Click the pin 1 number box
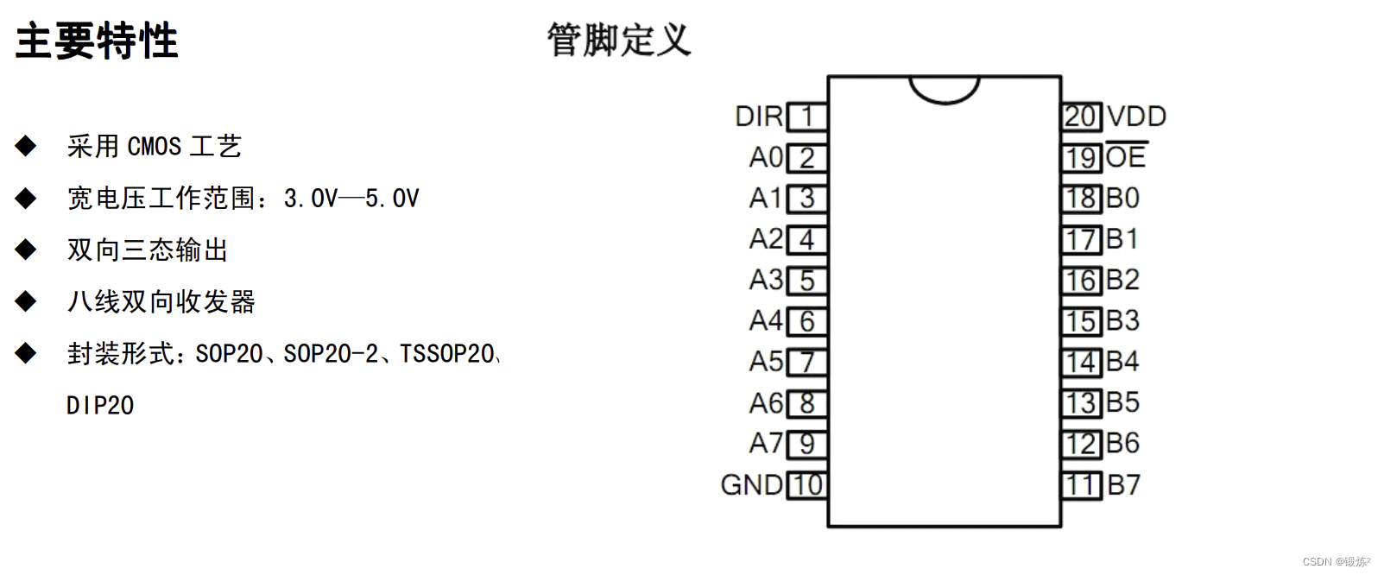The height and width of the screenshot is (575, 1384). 807,117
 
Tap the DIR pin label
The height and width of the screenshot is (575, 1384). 759,117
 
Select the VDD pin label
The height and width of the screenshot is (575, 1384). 1136,117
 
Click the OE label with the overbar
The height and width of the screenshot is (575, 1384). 1126,157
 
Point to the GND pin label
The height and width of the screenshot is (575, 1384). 752,485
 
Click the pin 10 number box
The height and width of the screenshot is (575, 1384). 807,485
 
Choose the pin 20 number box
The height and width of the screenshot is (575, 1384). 1081,117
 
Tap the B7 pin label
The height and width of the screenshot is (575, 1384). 1123,485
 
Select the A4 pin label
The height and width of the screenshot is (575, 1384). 766,321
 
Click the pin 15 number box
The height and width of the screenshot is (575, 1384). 1081,321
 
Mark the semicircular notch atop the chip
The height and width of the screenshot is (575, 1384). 944,88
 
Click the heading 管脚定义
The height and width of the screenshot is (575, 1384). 619,41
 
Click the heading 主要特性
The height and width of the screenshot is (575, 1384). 97,41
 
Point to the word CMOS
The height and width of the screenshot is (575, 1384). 155,147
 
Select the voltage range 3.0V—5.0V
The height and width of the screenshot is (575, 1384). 351,199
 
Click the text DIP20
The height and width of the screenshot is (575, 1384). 100,406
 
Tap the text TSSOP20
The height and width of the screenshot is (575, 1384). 446,354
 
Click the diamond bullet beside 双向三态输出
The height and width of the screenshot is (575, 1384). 26,250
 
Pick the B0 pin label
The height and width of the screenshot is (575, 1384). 1123,199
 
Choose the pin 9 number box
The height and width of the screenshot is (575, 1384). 807,444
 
